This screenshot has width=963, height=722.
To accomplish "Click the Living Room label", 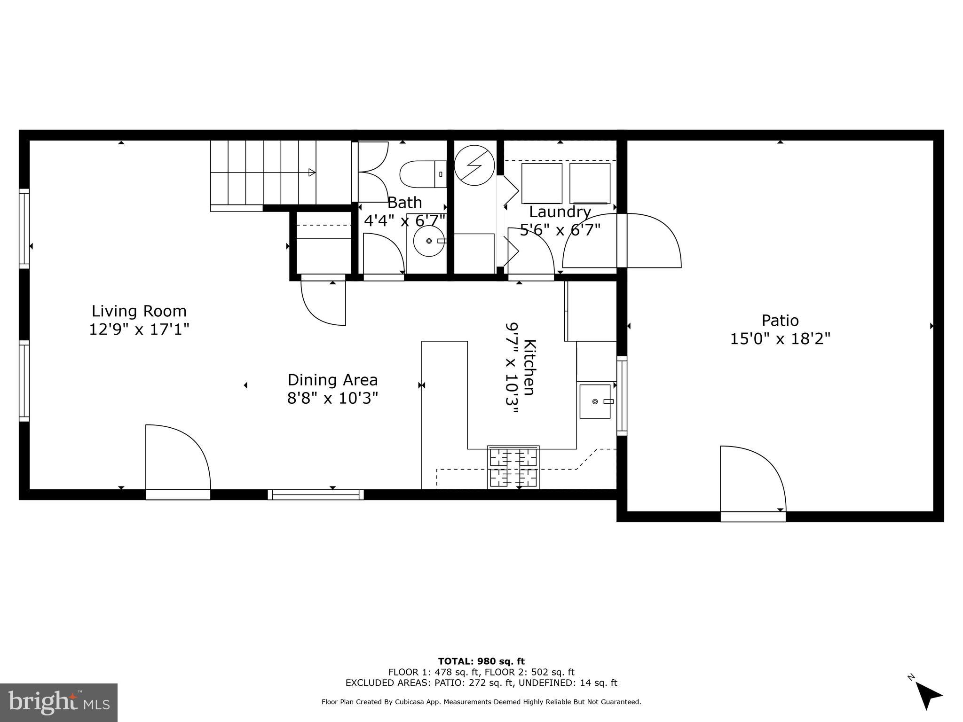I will pyautogui.click(x=139, y=311).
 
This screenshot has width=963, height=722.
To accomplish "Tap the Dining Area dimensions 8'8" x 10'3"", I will pyautogui.click(x=332, y=399).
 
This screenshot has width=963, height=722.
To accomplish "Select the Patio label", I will pyautogui.click(x=780, y=321).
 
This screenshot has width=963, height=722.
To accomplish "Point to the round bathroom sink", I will pyautogui.click(x=428, y=241).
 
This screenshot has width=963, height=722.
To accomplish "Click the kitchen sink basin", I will pyautogui.click(x=595, y=401).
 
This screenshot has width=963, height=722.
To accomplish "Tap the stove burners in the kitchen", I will pyautogui.click(x=513, y=467).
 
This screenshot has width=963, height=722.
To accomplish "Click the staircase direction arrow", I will pyautogui.click(x=311, y=173).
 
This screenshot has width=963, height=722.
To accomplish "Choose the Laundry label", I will pyautogui.click(x=560, y=212).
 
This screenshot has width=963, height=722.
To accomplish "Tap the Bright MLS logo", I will pyautogui.click(x=59, y=702).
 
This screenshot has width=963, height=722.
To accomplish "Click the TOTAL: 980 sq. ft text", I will pyautogui.click(x=481, y=661).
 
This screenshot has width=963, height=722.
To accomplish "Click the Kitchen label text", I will pyautogui.click(x=529, y=367).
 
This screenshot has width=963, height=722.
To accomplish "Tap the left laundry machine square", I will pyautogui.click(x=542, y=183).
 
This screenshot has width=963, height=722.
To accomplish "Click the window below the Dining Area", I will pyautogui.click(x=316, y=494).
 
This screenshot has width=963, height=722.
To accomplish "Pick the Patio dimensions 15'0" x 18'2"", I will pyautogui.click(x=780, y=339).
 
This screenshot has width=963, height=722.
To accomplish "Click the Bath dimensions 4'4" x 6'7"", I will pyautogui.click(x=404, y=220).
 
